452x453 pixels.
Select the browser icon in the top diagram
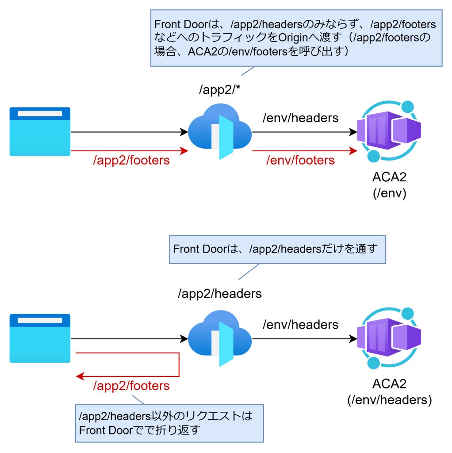click(40, 131)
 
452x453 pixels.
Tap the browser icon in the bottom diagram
click(40, 338)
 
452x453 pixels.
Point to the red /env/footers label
click(300, 160)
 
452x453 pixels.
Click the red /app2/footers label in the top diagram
click(131, 160)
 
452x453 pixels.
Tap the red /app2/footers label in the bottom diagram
click(131, 386)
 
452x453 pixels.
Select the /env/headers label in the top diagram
click(300, 118)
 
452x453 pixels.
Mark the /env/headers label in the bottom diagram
click(300, 325)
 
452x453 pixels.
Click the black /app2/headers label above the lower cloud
click(220, 293)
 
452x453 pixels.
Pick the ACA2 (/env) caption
click(389, 185)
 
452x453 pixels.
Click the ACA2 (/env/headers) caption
click(389, 392)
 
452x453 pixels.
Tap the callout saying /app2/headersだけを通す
click(277, 249)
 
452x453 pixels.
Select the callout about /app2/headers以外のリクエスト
click(169, 423)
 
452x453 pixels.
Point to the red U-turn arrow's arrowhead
click(80, 376)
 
